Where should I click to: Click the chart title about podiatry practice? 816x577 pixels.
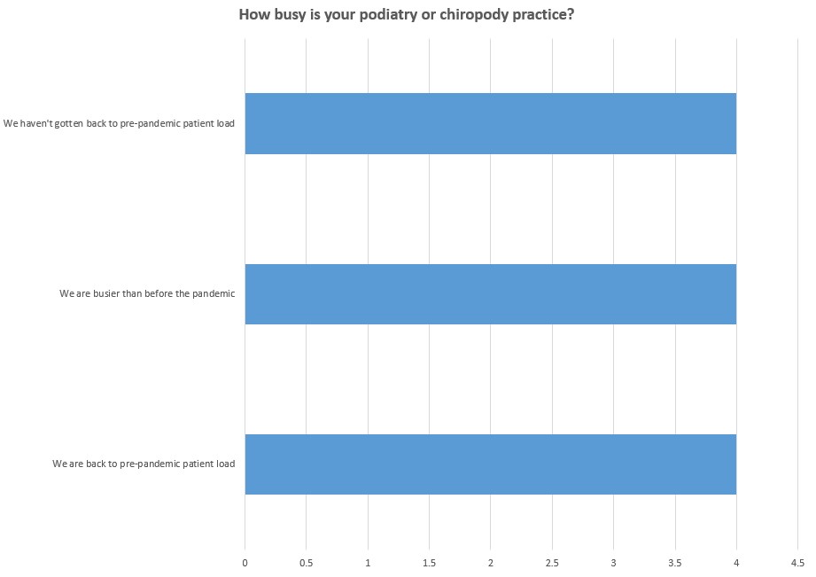[407, 15]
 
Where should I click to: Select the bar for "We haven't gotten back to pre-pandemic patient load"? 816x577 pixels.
[490, 123]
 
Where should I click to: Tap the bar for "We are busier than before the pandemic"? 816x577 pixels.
[490, 294]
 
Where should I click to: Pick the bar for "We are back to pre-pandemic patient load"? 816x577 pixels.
[490, 464]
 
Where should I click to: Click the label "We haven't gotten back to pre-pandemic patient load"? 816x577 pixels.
[119, 123]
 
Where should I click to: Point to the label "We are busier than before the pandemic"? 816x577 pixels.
[147, 294]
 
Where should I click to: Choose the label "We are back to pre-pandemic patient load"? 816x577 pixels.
[144, 464]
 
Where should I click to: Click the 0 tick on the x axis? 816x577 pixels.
[245, 562]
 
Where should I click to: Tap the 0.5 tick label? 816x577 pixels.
[306, 562]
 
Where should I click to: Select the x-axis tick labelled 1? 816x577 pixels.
[368, 562]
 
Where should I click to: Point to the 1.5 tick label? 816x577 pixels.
[429, 562]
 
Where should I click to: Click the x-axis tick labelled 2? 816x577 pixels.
[490, 562]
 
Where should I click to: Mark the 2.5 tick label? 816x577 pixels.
[552, 562]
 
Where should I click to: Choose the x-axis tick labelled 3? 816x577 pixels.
[613, 562]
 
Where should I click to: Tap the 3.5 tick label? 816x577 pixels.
[674, 562]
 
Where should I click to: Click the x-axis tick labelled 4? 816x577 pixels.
[736, 562]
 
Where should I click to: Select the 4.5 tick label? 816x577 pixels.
[797, 562]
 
